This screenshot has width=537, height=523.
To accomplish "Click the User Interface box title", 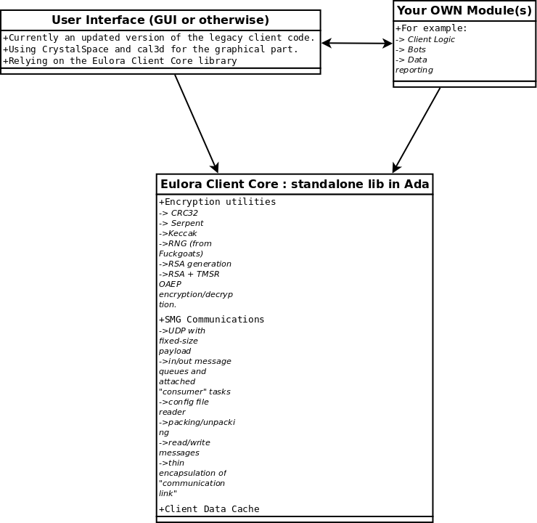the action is click(160, 20).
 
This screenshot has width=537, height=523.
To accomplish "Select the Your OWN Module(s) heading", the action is click(464, 11).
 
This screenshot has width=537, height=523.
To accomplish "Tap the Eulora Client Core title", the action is click(295, 184).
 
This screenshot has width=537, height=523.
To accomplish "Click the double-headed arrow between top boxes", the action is click(357, 43).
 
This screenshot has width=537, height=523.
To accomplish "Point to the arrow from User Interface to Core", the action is click(196, 123).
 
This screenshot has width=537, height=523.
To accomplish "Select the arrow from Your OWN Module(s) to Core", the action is click(416, 130).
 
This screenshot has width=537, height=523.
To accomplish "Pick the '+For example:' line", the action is click(431, 28).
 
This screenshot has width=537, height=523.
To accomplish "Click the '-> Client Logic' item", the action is click(425, 39).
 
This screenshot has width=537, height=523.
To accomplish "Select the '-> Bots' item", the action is click(411, 49).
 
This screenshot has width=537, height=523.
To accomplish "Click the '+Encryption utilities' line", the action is click(217, 201).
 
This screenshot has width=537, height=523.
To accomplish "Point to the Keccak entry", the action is click(178, 233).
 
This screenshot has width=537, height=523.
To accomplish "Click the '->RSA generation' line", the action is click(195, 264).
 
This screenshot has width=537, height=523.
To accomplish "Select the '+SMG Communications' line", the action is click(211, 320).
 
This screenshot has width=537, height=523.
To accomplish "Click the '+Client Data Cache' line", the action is click(209, 509).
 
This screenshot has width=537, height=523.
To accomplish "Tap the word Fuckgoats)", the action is click(181, 254).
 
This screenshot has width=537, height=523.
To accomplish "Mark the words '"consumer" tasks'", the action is click(194, 392).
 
